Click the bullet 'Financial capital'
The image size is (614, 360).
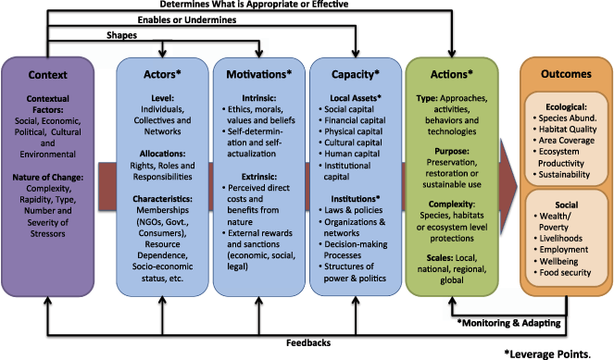(x=360, y=119)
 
